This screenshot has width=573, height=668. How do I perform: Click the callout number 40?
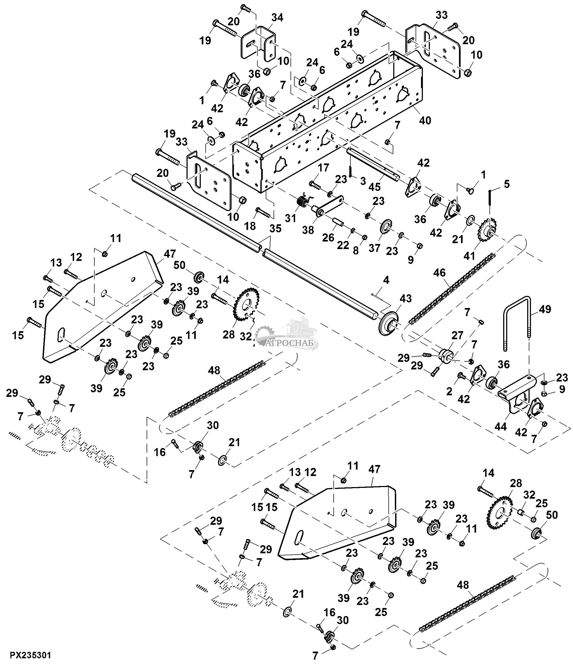[x=425, y=120]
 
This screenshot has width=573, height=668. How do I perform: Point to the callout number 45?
[x=374, y=187]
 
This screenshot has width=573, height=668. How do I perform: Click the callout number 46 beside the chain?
[x=439, y=273]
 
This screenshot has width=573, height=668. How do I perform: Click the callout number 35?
[x=275, y=228]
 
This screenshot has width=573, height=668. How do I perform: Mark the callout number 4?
[x=386, y=280]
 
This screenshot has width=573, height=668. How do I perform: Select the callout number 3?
[x=363, y=181]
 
